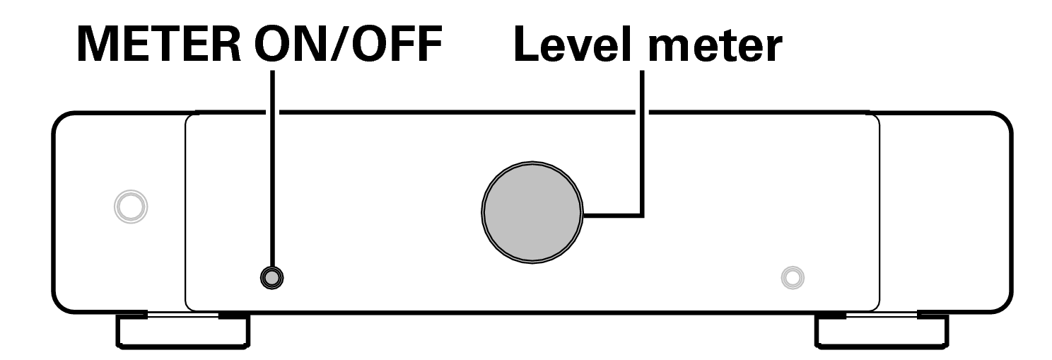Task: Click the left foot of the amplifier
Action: point(182,329)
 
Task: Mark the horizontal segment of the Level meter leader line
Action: point(612,214)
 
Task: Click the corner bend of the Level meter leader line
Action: point(641,214)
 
